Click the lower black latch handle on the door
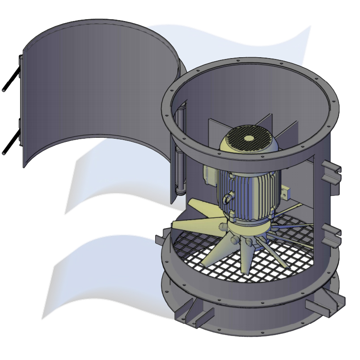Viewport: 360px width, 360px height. click(x=11, y=142)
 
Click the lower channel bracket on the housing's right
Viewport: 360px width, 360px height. click(x=331, y=235)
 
